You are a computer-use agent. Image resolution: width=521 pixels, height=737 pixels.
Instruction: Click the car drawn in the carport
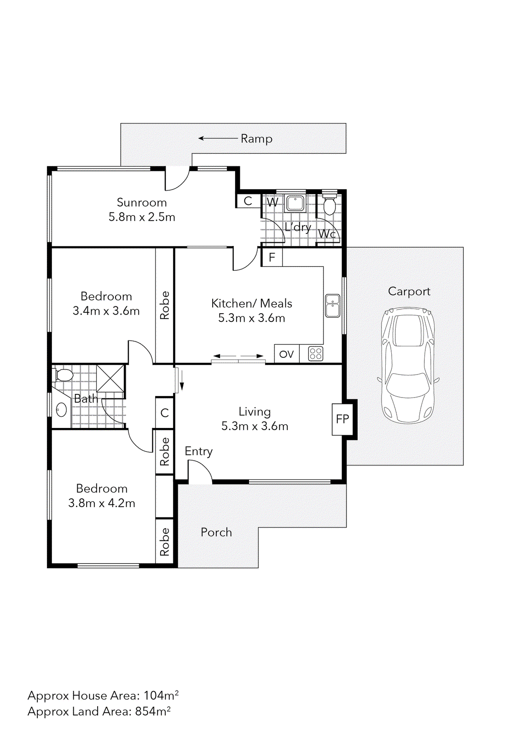click(408, 365)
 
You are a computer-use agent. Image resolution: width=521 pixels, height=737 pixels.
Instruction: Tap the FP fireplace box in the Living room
click(342, 419)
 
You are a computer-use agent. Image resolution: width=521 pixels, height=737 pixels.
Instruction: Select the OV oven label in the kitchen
click(286, 354)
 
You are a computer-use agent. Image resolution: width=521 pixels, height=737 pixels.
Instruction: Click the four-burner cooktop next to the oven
click(315, 354)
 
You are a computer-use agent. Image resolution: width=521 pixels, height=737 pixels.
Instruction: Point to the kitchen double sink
click(332, 306)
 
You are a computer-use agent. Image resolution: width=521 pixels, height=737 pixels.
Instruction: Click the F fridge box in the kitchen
click(272, 257)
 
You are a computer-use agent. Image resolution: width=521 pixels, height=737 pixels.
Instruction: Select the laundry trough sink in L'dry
click(295, 203)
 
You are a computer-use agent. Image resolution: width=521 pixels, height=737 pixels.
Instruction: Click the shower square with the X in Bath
click(110, 378)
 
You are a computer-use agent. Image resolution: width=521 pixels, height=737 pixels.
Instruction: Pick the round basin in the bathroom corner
click(61, 409)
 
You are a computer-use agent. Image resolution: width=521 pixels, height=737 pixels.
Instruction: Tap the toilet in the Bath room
click(63, 375)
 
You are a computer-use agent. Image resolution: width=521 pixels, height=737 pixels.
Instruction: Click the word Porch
click(216, 532)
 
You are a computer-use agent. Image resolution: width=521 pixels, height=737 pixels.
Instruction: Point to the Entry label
click(198, 451)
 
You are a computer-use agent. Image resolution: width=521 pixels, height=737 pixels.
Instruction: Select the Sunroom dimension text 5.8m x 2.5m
click(142, 217)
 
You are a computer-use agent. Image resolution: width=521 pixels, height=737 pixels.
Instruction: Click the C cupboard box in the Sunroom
click(248, 201)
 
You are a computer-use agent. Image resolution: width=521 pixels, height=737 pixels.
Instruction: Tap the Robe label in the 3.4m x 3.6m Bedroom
click(164, 305)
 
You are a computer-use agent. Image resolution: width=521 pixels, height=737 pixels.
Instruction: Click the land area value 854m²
click(152, 711)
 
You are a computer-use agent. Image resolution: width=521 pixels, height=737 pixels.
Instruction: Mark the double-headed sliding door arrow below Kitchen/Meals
click(238, 356)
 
